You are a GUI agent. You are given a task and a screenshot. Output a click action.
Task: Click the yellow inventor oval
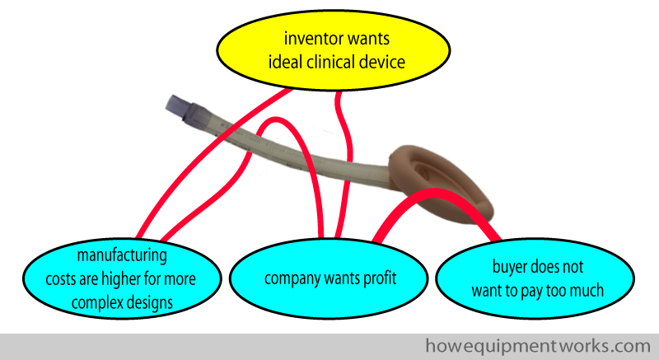(x=334, y=50)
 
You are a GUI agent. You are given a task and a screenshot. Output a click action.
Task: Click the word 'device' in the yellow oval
(x=381, y=62)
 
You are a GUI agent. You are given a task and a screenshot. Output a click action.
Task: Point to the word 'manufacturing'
(x=122, y=255)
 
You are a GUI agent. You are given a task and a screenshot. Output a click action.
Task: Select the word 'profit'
(x=381, y=278)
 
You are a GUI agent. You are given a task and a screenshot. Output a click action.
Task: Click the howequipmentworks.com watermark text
(x=538, y=346)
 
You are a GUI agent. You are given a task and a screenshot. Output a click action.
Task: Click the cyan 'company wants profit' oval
(x=329, y=278)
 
